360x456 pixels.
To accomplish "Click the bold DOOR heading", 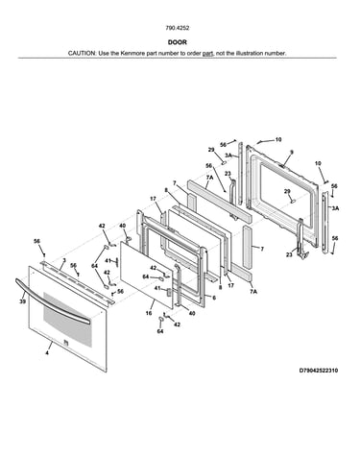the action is tap(178, 42).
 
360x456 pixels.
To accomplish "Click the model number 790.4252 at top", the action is tap(178, 28).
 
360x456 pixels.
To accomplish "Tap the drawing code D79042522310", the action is tap(319, 371).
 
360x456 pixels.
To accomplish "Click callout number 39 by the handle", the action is tap(22, 301).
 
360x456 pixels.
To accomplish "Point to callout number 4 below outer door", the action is tap(47, 353).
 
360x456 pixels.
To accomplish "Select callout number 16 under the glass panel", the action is tap(149, 313).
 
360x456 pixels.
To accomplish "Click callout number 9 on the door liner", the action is tap(292, 153).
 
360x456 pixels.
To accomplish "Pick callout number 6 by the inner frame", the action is tap(214, 298).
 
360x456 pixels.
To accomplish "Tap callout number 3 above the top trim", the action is tap(64, 260).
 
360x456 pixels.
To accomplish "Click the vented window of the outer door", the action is tap(67, 320).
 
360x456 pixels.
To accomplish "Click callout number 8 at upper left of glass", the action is tap(166, 190).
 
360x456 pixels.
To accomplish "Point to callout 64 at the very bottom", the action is tap(160, 331).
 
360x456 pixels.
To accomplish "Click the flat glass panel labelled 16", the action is tap(147, 276).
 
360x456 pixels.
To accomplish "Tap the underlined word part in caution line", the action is tap(207, 53).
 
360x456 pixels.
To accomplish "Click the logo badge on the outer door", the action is tap(66, 342).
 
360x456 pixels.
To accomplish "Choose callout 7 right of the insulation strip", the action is tap(262, 249).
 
